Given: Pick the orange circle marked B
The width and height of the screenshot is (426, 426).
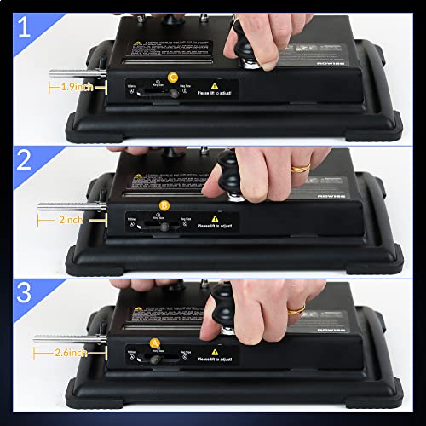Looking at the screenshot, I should click(x=164, y=206).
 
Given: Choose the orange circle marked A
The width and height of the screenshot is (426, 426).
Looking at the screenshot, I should click(x=154, y=343).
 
